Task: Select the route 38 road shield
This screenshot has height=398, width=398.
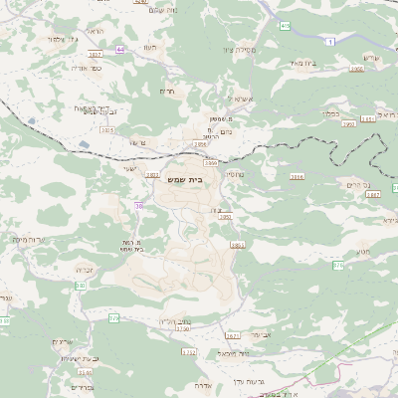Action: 138,206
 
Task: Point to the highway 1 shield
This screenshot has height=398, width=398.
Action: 329,39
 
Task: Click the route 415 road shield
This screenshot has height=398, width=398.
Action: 286,24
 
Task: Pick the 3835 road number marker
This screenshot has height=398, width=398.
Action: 106,129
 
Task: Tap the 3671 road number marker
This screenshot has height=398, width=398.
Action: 233,336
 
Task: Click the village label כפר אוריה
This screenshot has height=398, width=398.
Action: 86,68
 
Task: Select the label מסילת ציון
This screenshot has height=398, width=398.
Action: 240,49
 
